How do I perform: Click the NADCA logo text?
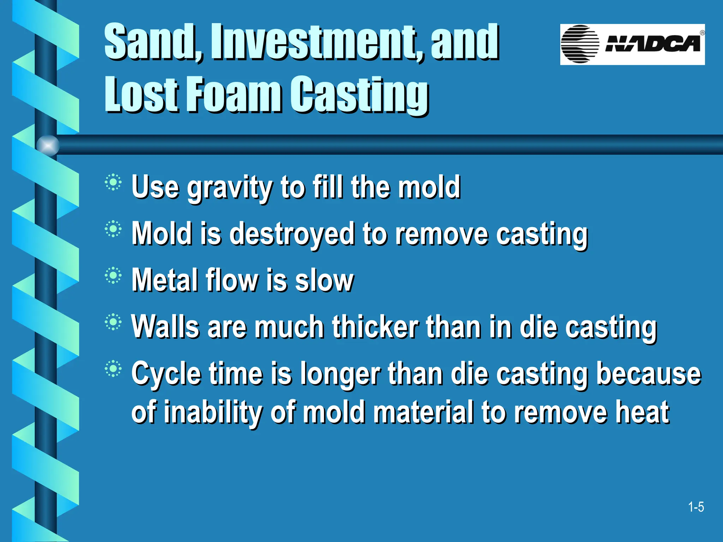[x=652, y=44]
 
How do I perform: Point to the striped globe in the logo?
[x=580, y=44]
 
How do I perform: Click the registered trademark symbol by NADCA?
[x=702, y=33]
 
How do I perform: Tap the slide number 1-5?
[x=696, y=507]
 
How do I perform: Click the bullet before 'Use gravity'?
[x=113, y=182]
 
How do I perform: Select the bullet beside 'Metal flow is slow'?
[x=113, y=276]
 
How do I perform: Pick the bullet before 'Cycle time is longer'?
[x=113, y=369]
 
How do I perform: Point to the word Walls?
[x=166, y=327]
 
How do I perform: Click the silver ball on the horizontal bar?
[x=48, y=145]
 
